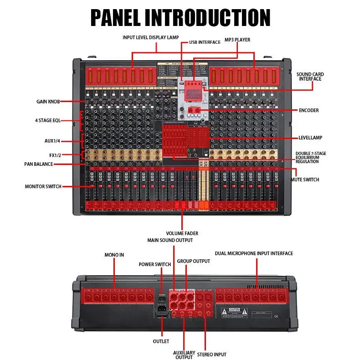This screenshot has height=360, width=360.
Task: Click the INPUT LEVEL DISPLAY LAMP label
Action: pos(150,37)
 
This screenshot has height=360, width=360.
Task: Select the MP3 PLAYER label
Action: pos(237,40)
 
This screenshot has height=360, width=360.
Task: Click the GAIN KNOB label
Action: pos(48,101)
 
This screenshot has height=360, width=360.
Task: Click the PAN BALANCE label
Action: pos(38,164)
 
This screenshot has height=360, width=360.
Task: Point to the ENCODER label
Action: pos(309,110)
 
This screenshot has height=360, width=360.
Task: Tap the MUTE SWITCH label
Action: pos(305,180)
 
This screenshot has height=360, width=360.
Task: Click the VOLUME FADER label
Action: pos(182,233)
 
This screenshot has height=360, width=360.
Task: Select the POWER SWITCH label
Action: pos(155,264)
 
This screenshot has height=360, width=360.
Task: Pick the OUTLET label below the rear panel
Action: pos(161,341)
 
